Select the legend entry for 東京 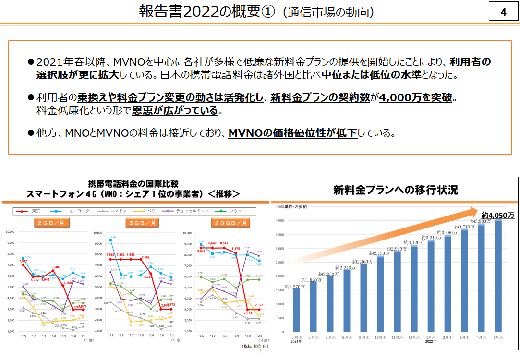31,211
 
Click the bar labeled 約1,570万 296,310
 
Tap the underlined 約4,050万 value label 498,215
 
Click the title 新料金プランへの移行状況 395,190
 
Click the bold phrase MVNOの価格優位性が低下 292,133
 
